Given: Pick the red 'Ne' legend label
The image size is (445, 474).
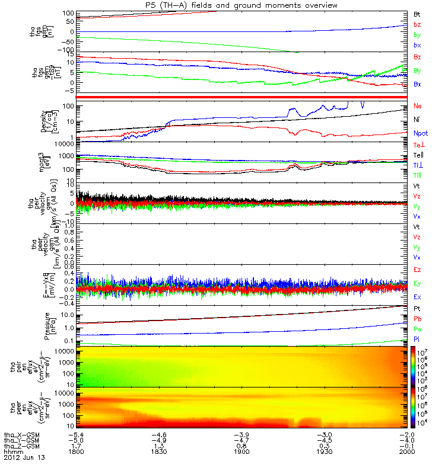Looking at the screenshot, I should pyautogui.click(x=417, y=107).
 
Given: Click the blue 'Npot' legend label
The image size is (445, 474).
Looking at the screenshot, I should pyautogui.click(x=419, y=132).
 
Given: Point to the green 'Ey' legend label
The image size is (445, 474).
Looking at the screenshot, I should pyautogui.click(x=417, y=283).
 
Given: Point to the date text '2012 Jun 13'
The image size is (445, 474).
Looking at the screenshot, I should pyautogui.click(x=24, y=458).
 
